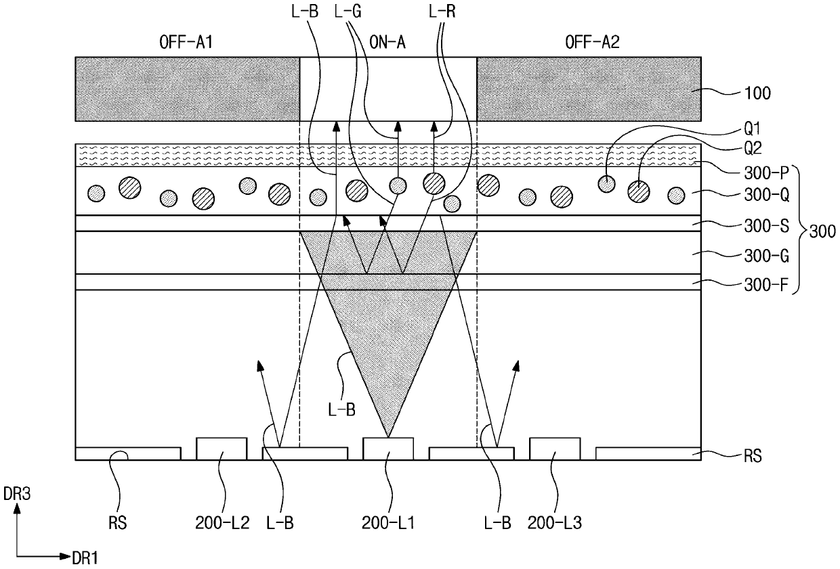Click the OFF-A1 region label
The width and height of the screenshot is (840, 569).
click(x=187, y=43)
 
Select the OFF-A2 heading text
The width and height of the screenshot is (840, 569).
click(x=592, y=43)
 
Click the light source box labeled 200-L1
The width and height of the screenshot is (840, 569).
click(x=388, y=449)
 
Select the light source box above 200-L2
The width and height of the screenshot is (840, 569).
click(x=221, y=449)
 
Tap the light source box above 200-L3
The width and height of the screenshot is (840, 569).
click(x=554, y=449)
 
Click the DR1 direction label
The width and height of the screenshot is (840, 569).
click(x=85, y=558)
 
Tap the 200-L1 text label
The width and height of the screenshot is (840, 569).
click(x=387, y=523)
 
